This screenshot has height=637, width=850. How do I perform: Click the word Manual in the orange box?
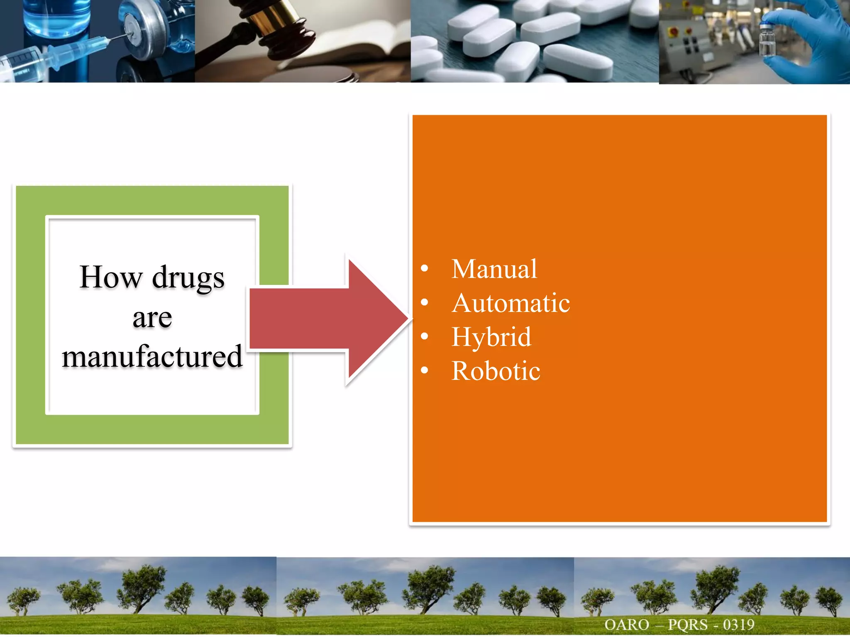pyautogui.click(x=494, y=269)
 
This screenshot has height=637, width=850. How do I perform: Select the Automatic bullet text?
pyautogui.click(x=510, y=303)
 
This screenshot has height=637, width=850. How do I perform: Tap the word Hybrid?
pyautogui.click(x=491, y=337)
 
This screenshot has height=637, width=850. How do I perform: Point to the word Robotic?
pyautogui.click(x=496, y=371)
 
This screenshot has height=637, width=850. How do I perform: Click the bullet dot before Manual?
pyautogui.click(x=424, y=268)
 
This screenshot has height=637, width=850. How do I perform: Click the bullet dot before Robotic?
pyautogui.click(x=424, y=370)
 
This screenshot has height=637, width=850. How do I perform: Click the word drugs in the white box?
pyautogui.click(x=188, y=278)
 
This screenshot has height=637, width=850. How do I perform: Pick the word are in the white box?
pyautogui.click(x=152, y=318)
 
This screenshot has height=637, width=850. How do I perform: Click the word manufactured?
pyautogui.click(x=152, y=357)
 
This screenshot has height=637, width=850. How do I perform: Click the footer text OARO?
pyautogui.click(x=627, y=625)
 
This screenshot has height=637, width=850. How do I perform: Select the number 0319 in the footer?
pyautogui.click(x=738, y=625)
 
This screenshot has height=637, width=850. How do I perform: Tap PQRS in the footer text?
pyautogui.click(x=687, y=625)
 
